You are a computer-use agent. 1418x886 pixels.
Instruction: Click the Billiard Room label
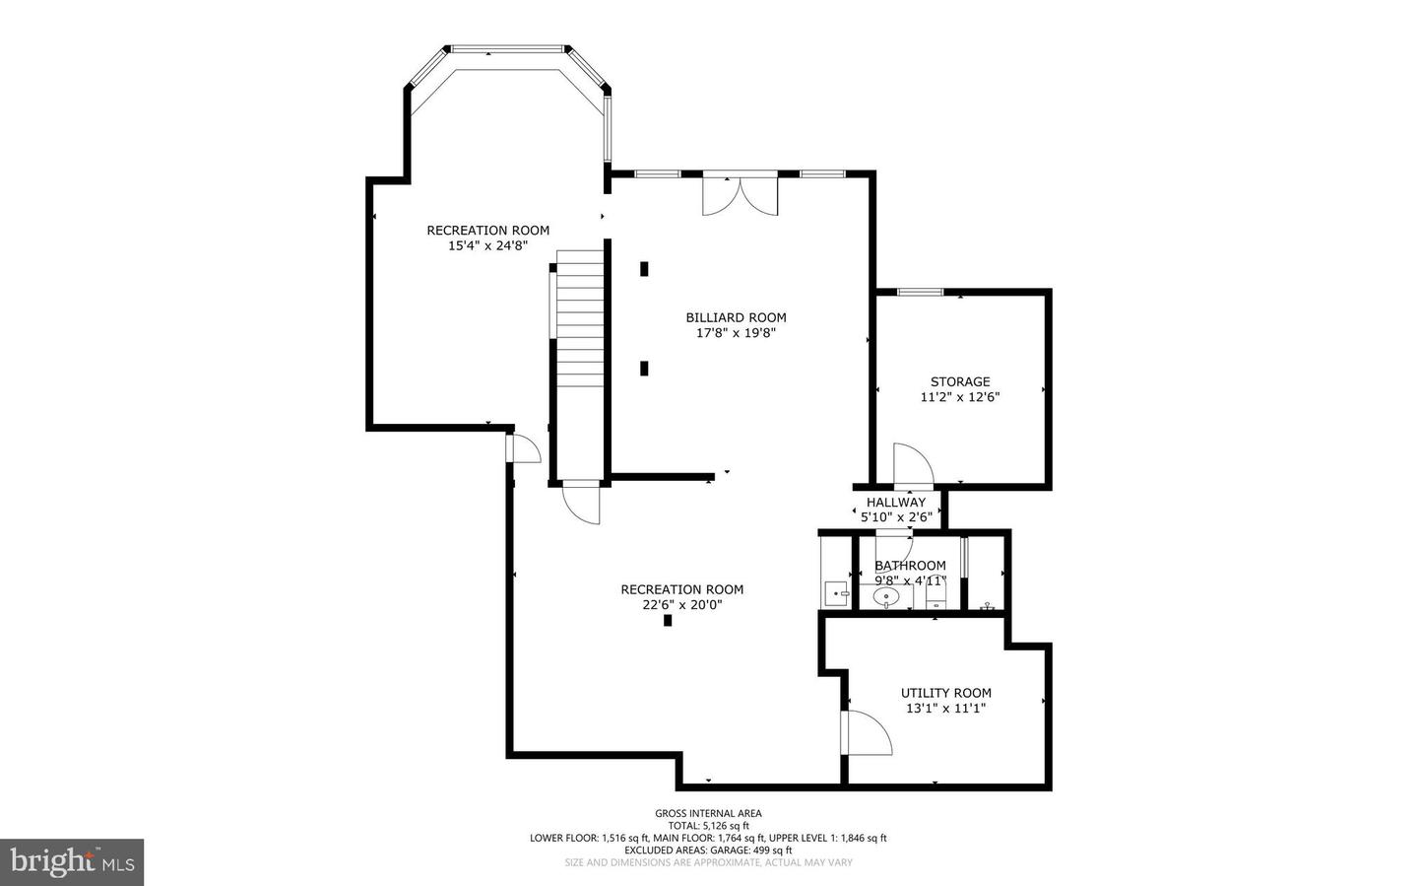(737, 317)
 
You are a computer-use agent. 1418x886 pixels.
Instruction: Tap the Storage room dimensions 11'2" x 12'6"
(960, 397)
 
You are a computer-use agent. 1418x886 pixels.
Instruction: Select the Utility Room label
(945, 693)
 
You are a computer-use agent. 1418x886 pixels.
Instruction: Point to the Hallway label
(896, 502)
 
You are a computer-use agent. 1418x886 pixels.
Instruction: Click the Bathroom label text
(910, 566)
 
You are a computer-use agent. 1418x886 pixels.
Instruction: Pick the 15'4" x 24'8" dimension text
(488, 246)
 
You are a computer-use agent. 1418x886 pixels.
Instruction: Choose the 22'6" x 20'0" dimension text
(682, 604)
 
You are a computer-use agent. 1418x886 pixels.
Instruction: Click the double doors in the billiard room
(741, 194)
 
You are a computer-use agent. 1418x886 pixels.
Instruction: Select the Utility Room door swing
(867, 732)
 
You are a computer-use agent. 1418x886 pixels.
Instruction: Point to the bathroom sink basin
(886, 596)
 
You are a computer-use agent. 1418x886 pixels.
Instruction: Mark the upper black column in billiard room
(644, 269)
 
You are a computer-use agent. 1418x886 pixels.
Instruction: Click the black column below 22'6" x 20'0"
(668, 621)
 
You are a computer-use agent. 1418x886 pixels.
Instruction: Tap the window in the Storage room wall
(921, 292)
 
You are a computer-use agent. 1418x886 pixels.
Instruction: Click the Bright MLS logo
(72, 862)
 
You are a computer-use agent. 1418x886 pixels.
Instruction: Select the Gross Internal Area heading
(708, 813)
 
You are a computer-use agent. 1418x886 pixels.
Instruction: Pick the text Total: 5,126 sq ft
(708, 825)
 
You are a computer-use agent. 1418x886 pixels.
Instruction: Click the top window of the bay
(507, 48)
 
